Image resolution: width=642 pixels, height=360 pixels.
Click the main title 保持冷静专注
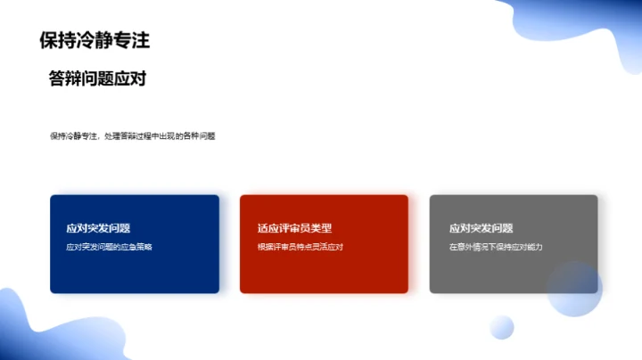tap(95, 39)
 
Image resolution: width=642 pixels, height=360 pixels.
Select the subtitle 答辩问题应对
tap(97, 78)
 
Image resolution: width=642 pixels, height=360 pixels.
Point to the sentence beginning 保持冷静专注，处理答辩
tap(133, 136)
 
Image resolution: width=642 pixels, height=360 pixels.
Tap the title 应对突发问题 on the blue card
tap(98, 228)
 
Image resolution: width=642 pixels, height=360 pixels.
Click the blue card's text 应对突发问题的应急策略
tap(109, 247)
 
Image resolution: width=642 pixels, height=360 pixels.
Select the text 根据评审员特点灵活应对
tap(300, 247)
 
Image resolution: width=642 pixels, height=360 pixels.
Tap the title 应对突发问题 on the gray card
tap(481, 228)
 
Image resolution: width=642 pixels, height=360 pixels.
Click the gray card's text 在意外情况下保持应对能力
tap(496, 247)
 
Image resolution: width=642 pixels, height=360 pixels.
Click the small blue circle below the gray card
tap(502, 327)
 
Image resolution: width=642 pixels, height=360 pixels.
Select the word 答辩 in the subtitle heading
tap(65, 78)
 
